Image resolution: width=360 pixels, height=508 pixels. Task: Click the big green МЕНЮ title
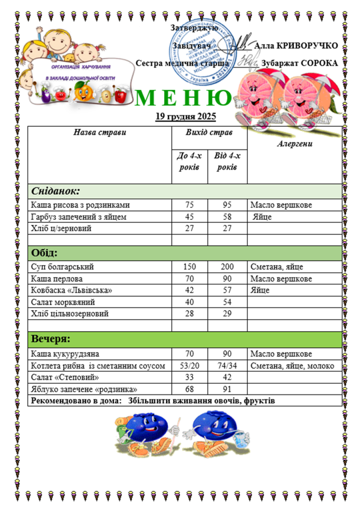click(x=184, y=98)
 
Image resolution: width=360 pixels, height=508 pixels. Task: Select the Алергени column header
click(x=294, y=144)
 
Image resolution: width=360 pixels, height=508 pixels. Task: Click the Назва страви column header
click(x=100, y=132)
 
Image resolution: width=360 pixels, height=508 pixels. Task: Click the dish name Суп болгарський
click(x=62, y=268)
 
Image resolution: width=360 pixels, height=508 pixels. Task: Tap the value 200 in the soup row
click(x=227, y=268)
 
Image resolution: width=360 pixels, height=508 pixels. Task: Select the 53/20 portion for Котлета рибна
click(x=190, y=366)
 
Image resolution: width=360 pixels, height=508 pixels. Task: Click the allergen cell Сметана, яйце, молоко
click(x=292, y=366)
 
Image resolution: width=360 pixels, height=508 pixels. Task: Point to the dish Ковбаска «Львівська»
click(x=71, y=291)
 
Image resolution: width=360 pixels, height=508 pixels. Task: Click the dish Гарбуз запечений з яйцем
click(x=79, y=217)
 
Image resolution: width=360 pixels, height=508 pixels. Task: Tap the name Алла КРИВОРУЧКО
click(x=297, y=46)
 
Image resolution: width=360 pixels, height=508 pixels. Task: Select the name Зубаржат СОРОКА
click(x=300, y=63)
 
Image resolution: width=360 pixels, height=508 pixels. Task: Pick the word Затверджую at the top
click(x=194, y=28)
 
